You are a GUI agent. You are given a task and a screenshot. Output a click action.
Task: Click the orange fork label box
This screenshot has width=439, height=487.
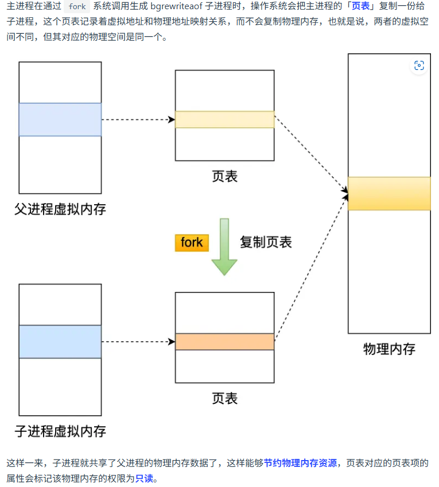coord(192,243)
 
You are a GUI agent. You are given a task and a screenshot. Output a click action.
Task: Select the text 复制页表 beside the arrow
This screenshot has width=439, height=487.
coord(266,242)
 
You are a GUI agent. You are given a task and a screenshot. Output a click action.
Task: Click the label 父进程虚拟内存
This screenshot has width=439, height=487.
coord(60,209)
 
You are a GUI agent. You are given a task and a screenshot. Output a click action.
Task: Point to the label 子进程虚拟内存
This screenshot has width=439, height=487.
coord(60,431)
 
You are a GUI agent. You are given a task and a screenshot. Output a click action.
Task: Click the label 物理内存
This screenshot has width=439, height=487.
coord(389,349)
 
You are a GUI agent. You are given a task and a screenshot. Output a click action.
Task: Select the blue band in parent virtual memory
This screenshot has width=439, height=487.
coord(60,119)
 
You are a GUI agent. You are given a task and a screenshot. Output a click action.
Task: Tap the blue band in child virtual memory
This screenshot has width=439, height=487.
coord(60,341)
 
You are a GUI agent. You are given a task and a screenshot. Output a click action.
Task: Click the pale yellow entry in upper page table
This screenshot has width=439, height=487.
coord(224,119)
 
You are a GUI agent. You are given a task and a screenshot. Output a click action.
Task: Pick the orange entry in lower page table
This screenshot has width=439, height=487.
coord(224,342)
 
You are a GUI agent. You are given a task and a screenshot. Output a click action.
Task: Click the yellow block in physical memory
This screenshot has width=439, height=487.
coord(389,194)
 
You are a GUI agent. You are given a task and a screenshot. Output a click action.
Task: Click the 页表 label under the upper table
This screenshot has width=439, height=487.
coord(224,176)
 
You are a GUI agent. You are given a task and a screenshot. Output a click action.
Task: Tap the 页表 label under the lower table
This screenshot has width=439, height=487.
coord(224,398)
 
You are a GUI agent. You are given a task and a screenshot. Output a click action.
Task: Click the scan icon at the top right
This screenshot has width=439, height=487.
coord(419,66)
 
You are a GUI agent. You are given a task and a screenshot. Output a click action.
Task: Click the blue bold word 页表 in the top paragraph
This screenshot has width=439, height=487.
coord(360,7)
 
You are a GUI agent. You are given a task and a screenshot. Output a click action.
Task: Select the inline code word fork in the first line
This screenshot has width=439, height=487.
coord(77,7)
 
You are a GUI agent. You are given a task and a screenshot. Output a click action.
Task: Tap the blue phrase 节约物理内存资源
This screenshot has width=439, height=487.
coord(300,463)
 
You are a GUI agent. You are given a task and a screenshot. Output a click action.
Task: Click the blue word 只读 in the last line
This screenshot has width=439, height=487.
coord(145,478)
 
